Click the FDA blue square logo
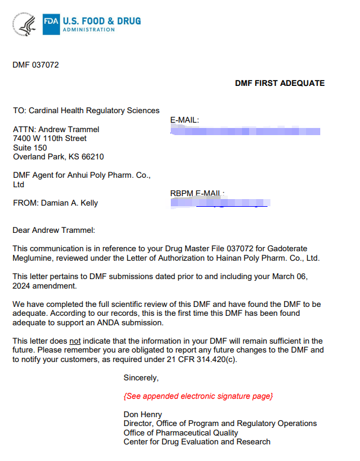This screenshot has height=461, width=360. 51,24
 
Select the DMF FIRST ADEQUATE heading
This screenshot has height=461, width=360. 280,83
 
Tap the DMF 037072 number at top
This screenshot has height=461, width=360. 36,65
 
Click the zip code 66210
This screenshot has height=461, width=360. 91,157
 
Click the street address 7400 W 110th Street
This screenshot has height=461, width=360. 50,138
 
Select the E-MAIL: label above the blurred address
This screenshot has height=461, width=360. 184,120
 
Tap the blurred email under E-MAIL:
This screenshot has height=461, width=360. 245,131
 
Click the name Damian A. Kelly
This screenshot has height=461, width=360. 69,203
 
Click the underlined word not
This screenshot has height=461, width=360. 75,341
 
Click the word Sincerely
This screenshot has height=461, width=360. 141,377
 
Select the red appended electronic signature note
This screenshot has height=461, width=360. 198,395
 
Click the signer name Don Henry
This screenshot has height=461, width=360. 143,414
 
